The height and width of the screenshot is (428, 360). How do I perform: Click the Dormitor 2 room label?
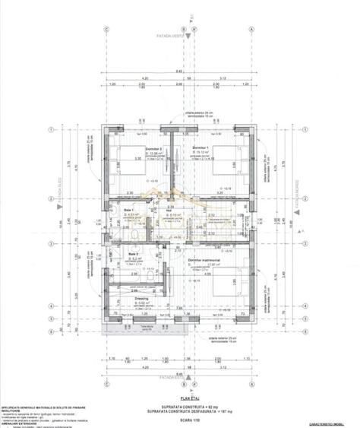click(134, 149)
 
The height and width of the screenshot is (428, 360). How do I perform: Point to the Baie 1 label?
click(127, 210)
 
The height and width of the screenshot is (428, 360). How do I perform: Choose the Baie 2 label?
click(133, 254)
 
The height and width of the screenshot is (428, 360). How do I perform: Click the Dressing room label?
click(142, 299)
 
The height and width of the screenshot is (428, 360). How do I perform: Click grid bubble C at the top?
click(109, 29)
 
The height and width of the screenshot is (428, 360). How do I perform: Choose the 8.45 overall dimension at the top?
click(179, 71)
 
